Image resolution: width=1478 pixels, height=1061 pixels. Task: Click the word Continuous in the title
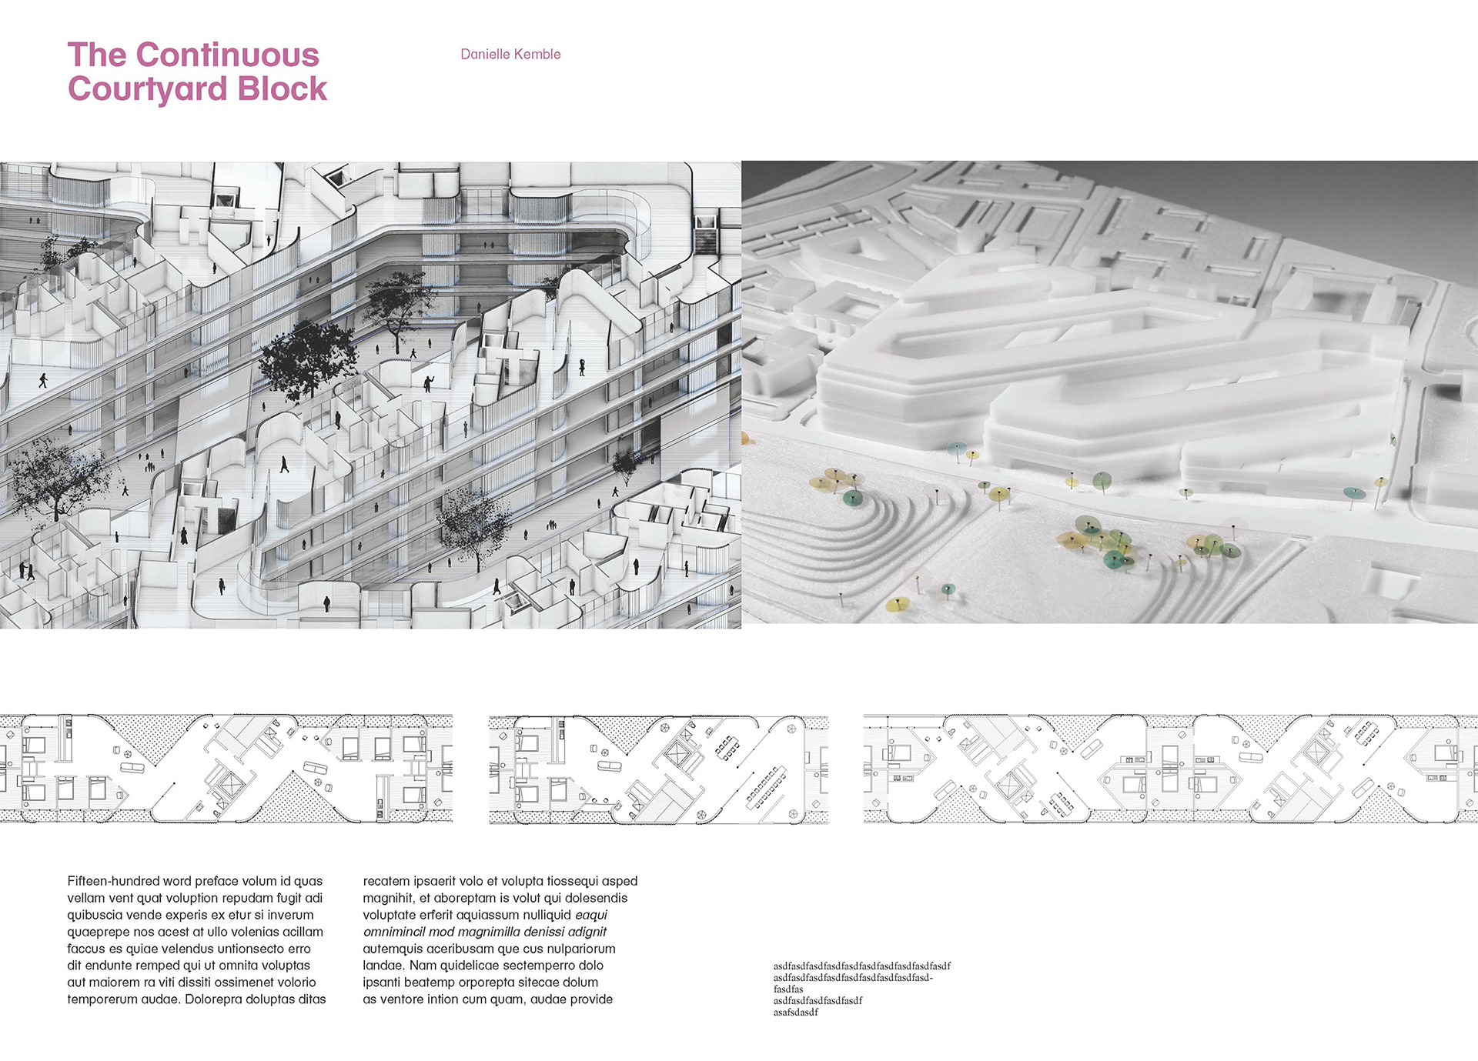(227, 55)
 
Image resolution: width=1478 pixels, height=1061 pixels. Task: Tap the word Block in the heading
(283, 89)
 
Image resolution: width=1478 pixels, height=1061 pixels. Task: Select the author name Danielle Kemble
(510, 55)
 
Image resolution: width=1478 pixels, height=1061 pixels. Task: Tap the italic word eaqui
(591, 915)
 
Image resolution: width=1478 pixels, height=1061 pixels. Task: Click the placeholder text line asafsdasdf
(796, 1013)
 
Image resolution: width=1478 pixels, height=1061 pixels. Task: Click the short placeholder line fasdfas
(788, 989)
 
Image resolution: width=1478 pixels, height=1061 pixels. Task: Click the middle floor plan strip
(658, 769)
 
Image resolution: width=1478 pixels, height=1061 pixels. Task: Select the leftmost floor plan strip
(226, 769)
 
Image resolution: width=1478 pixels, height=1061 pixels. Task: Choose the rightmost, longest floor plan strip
(1170, 769)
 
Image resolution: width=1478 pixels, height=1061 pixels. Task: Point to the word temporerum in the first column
(102, 999)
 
